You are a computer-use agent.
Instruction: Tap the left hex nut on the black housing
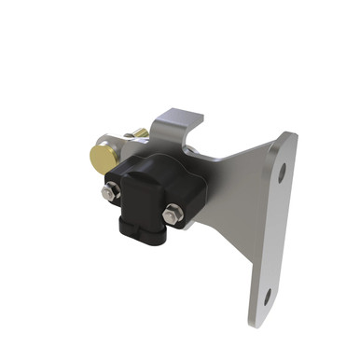point(110,193)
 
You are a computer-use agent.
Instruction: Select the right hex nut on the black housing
point(170,215)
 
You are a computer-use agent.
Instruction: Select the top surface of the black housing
point(154,169)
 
